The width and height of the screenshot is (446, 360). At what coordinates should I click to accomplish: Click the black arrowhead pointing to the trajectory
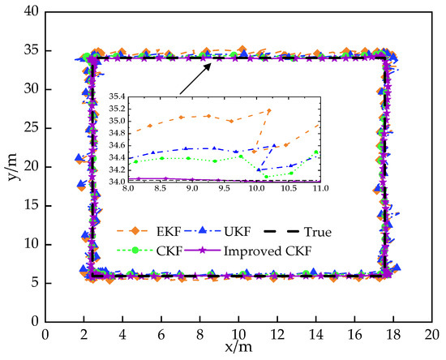pos(208,67)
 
